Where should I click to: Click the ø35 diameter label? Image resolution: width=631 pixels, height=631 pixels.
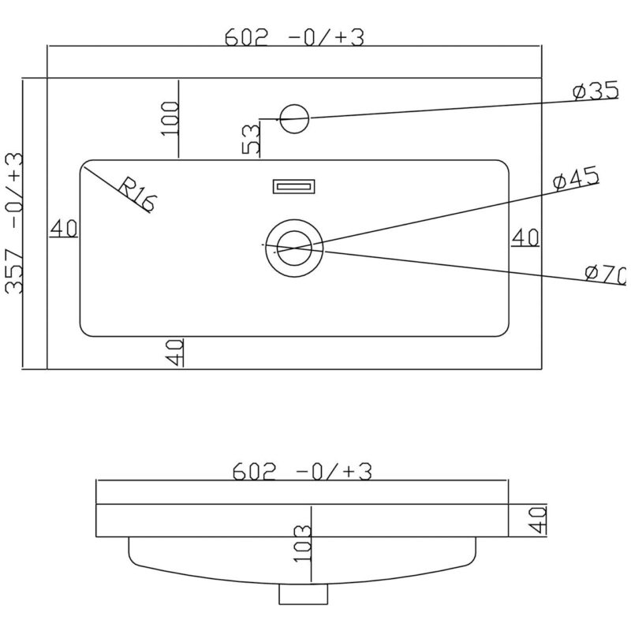596,91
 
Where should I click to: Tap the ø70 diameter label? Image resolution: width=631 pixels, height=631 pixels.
605,274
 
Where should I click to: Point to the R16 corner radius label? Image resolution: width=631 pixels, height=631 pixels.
136,194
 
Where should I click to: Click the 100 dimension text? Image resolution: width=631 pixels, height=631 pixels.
170,119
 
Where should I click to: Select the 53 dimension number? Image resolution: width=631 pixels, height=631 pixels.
251,140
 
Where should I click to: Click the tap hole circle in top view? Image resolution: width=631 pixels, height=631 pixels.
294,119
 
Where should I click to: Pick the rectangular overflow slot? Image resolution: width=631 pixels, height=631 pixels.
293,187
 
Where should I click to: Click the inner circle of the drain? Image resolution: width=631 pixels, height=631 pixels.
294,248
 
